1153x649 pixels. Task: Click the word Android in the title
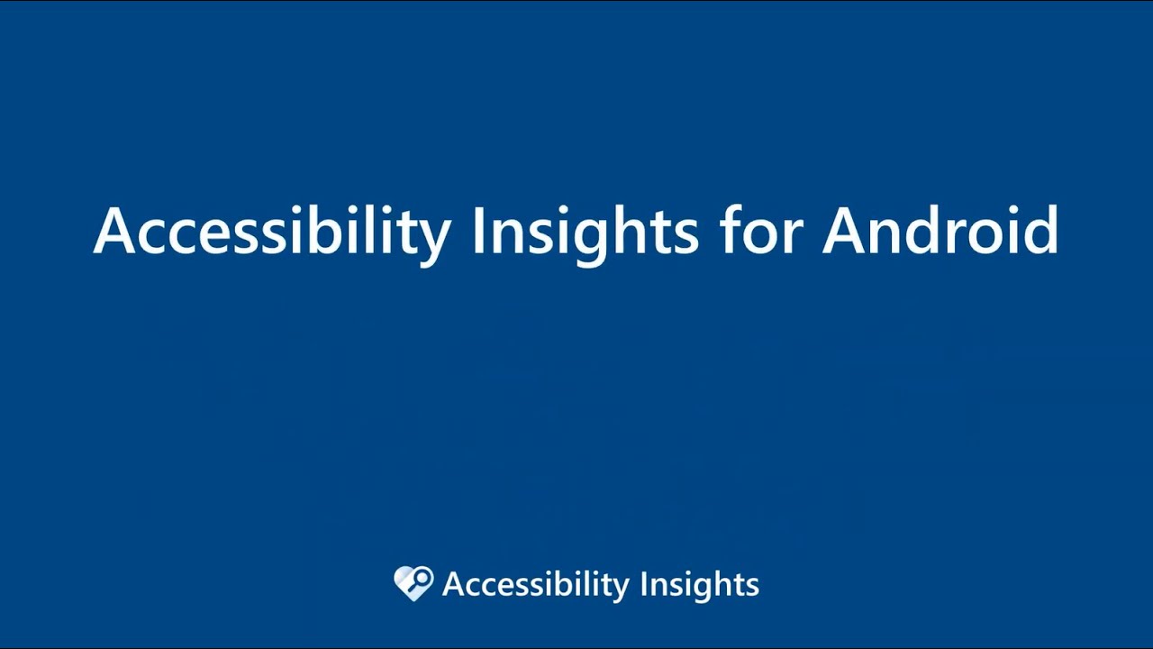point(940,231)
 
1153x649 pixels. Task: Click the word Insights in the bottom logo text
point(699,585)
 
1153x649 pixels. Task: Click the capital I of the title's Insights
point(478,231)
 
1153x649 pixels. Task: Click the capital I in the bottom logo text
point(643,584)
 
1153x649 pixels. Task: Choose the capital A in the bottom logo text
point(452,584)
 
